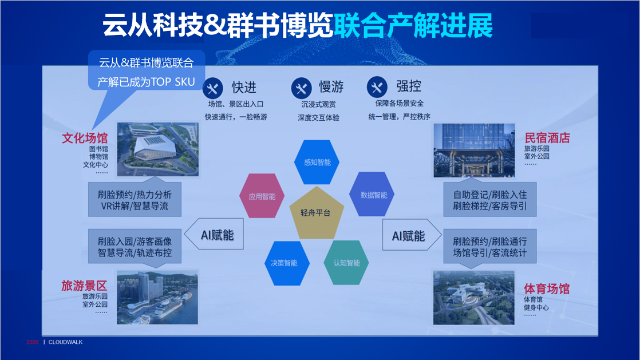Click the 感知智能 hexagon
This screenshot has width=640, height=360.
[317, 162]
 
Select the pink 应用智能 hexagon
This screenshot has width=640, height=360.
[262, 196]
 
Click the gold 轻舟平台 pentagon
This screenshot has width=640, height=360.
[317, 213]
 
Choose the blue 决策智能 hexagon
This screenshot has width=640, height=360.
[287, 263]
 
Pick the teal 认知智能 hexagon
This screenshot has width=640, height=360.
[346, 263]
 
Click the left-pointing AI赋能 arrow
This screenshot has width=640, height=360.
[214, 234]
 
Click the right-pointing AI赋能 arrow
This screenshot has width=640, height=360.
[412, 235]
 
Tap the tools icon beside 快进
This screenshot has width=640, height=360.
[212, 88]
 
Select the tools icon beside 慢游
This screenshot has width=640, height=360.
[301, 88]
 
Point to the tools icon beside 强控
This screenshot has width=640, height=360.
[377, 86]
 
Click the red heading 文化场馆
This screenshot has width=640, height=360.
[85, 138]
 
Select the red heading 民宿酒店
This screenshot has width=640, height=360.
[547, 138]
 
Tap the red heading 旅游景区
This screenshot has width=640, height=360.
[84, 286]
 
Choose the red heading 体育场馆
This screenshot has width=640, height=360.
[547, 289]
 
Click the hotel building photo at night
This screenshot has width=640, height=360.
[474, 150]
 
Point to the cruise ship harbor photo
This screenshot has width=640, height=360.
[157, 298]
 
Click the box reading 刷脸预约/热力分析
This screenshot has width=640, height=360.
[135, 200]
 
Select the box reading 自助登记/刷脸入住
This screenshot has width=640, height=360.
[490, 200]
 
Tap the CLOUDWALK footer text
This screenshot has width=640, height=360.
[65, 342]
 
